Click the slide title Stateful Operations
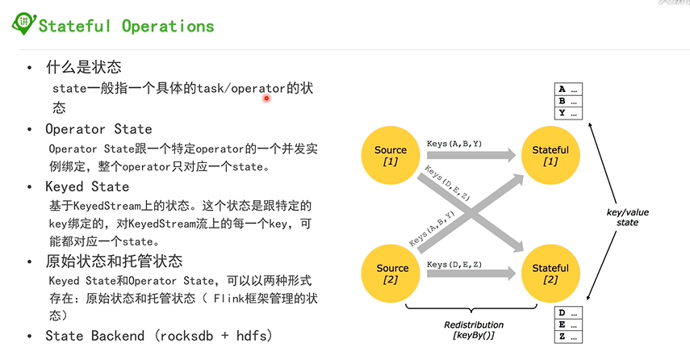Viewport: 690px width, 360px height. (x=127, y=26)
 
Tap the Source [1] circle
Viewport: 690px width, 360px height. (x=391, y=156)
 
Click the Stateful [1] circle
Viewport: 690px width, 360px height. (x=550, y=156)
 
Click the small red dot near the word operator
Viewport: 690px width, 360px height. (x=266, y=98)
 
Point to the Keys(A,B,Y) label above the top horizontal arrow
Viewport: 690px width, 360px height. (x=454, y=144)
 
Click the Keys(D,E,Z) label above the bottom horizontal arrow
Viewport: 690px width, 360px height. (x=454, y=264)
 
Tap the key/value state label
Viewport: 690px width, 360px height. (x=627, y=217)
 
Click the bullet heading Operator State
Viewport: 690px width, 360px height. (x=98, y=129)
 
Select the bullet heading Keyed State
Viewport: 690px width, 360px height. (x=87, y=187)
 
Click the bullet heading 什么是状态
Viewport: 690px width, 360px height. (x=84, y=67)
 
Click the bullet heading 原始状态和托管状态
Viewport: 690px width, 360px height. (x=114, y=262)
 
